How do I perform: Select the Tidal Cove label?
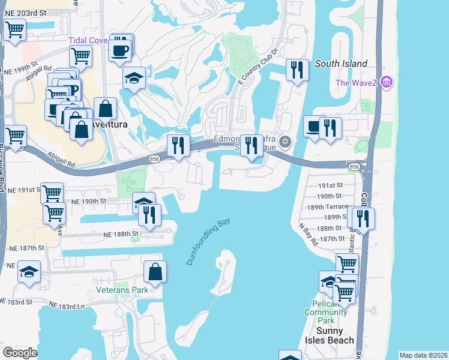(x=87, y=40)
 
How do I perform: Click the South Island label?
(x=341, y=64)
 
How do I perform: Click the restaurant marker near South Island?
(x=297, y=70)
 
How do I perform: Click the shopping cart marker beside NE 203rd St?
(x=14, y=29)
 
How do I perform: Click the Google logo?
(x=20, y=353)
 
